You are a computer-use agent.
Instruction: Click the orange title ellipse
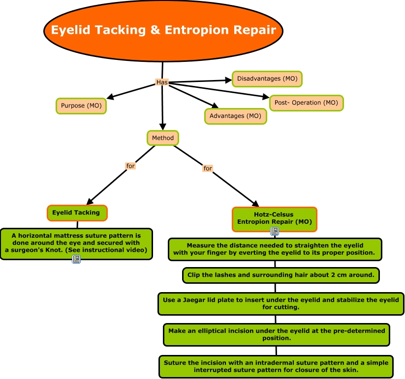(x=163, y=30)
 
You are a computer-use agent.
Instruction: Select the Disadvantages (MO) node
(x=267, y=79)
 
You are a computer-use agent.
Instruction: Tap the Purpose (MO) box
(x=81, y=106)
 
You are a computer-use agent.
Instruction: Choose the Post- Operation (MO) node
(x=306, y=103)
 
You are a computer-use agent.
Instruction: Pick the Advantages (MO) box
(x=236, y=116)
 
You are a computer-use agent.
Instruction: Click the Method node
(x=162, y=138)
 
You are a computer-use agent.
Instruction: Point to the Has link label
(x=162, y=82)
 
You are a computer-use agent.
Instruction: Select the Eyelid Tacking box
(x=77, y=213)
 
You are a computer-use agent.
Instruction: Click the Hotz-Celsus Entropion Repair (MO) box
(x=274, y=218)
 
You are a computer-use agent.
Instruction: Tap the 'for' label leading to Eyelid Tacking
(x=130, y=166)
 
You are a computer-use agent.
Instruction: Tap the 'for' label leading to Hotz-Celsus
(x=208, y=168)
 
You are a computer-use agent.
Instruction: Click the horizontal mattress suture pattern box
(x=76, y=243)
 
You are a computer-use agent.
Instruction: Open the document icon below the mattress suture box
(x=76, y=259)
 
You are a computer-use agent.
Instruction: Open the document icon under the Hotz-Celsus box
(x=275, y=231)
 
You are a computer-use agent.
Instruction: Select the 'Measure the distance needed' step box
(x=275, y=249)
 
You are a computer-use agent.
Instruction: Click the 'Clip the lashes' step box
(x=280, y=275)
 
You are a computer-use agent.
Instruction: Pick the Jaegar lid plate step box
(x=281, y=303)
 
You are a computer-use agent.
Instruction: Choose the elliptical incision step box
(x=277, y=334)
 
